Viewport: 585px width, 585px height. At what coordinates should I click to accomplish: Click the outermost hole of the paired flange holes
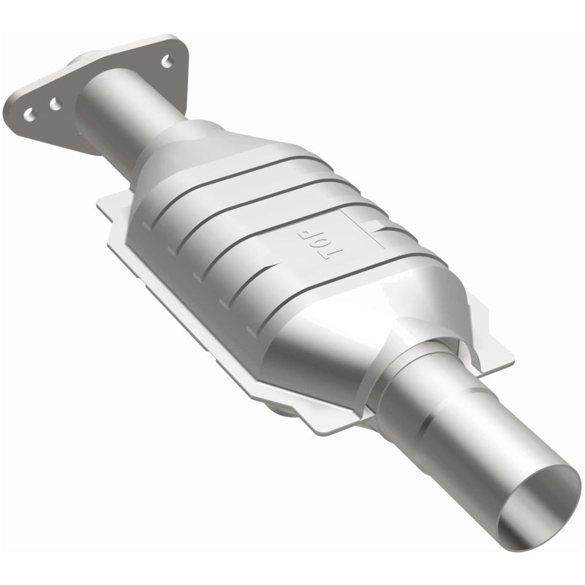pyautogui.click(x=29, y=115)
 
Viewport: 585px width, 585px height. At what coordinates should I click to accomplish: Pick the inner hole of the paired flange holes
pyautogui.click(x=55, y=106)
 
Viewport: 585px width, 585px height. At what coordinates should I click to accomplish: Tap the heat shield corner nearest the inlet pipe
pyautogui.click(x=110, y=205)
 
